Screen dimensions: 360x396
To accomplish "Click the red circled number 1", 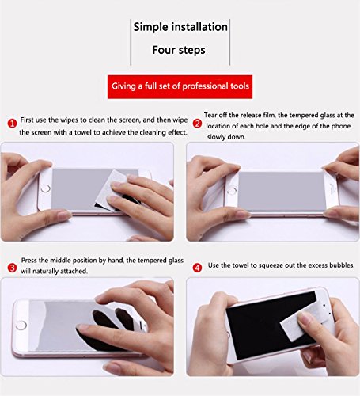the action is tap(12, 124).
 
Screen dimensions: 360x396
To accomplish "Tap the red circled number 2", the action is tap(197, 124).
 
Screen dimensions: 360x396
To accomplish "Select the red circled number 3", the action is tap(12, 268).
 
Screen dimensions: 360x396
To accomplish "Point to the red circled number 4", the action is tap(197, 268).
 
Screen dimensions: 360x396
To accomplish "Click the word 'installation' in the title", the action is tap(199, 27).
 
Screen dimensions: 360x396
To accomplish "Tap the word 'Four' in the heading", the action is tap(164, 50).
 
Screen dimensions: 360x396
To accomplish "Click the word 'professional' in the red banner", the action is tap(205, 86).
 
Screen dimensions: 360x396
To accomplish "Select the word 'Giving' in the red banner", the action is tap(123, 86).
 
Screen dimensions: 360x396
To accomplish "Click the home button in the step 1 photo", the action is tap(45, 188).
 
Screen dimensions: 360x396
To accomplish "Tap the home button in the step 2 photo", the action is tap(232, 190).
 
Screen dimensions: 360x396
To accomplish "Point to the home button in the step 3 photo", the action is tap(21, 325).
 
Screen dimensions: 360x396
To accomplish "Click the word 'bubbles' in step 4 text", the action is tap(342, 265).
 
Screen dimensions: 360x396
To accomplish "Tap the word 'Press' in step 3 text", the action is tap(29, 261).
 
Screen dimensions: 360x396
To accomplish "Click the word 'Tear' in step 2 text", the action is tap(210, 115).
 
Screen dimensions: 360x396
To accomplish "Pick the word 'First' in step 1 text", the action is tap(27, 120).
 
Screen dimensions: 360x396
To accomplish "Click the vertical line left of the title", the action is tap(131, 42).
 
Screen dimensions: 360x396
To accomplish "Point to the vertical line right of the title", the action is tap(229, 42).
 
